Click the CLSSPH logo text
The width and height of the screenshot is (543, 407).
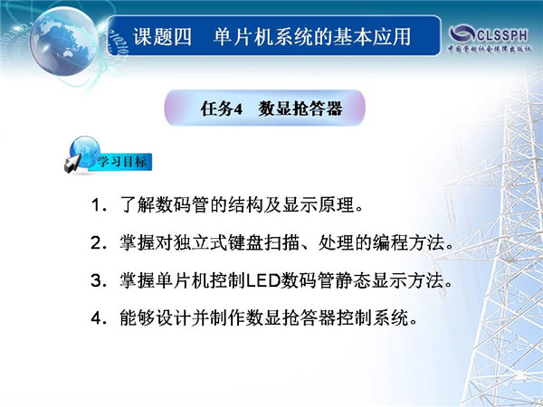click(502, 35)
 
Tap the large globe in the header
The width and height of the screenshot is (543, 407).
click(63, 41)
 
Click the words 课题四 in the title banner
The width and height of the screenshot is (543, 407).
click(162, 37)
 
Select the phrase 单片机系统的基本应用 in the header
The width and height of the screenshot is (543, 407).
click(312, 37)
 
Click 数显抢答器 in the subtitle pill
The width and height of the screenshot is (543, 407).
click(300, 109)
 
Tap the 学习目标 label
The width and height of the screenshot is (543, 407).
click(121, 162)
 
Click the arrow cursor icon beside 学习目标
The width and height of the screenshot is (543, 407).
click(72, 164)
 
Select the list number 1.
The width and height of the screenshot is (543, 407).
click(97, 205)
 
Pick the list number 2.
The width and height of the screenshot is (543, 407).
click(97, 243)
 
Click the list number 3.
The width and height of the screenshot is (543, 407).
click(97, 280)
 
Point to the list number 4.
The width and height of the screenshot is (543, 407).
click(97, 317)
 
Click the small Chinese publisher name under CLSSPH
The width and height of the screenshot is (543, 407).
click(490, 49)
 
